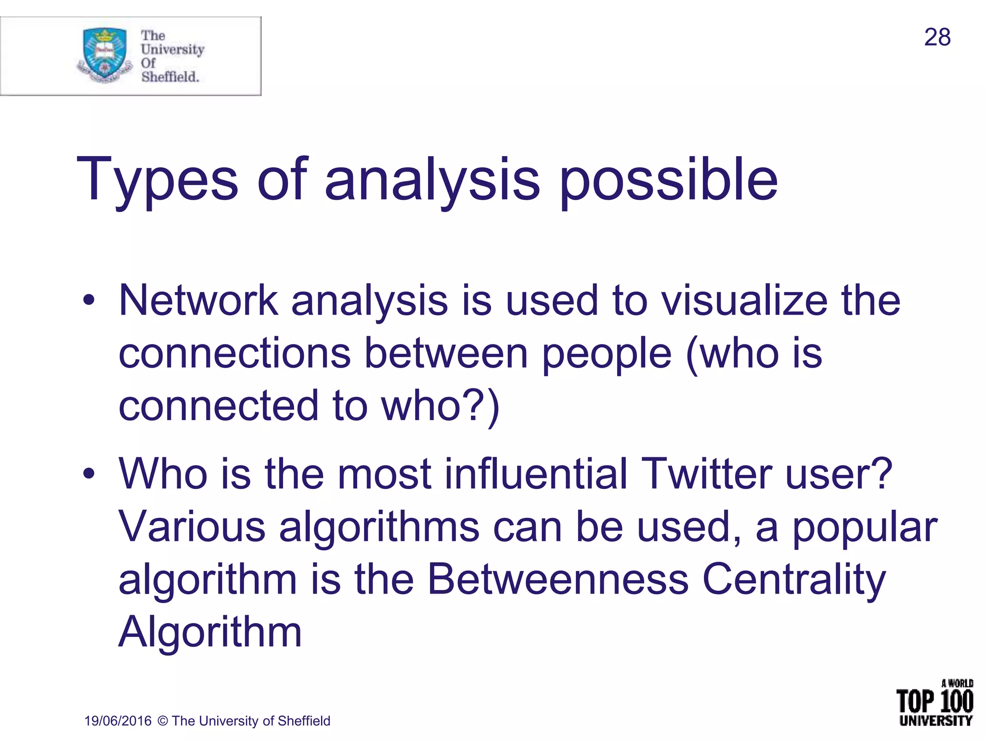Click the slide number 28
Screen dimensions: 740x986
(937, 38)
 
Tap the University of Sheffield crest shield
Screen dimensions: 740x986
(104, 53)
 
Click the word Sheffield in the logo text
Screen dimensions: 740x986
(169, 77)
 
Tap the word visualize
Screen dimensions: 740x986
(744, 301)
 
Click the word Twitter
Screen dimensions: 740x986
(706, 474)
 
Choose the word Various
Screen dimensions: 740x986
(192, 527)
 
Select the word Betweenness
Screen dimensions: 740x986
(558, 579)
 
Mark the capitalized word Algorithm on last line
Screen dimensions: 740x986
(210, 632)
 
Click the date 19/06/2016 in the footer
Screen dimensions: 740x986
(118, 721)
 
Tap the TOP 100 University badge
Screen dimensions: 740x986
(935, 703)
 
